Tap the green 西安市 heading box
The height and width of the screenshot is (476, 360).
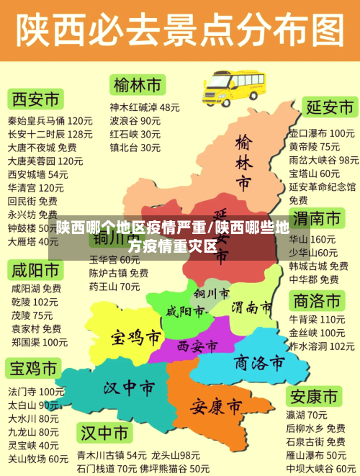point(35,98)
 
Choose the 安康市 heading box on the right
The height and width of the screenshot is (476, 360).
point(313,396)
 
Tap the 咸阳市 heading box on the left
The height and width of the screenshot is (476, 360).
point(35,271)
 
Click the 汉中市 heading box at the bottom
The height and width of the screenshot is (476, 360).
point(105,434)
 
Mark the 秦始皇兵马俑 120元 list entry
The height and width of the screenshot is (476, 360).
point(50,120)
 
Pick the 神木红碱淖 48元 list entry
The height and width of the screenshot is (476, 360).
point(145,107)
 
